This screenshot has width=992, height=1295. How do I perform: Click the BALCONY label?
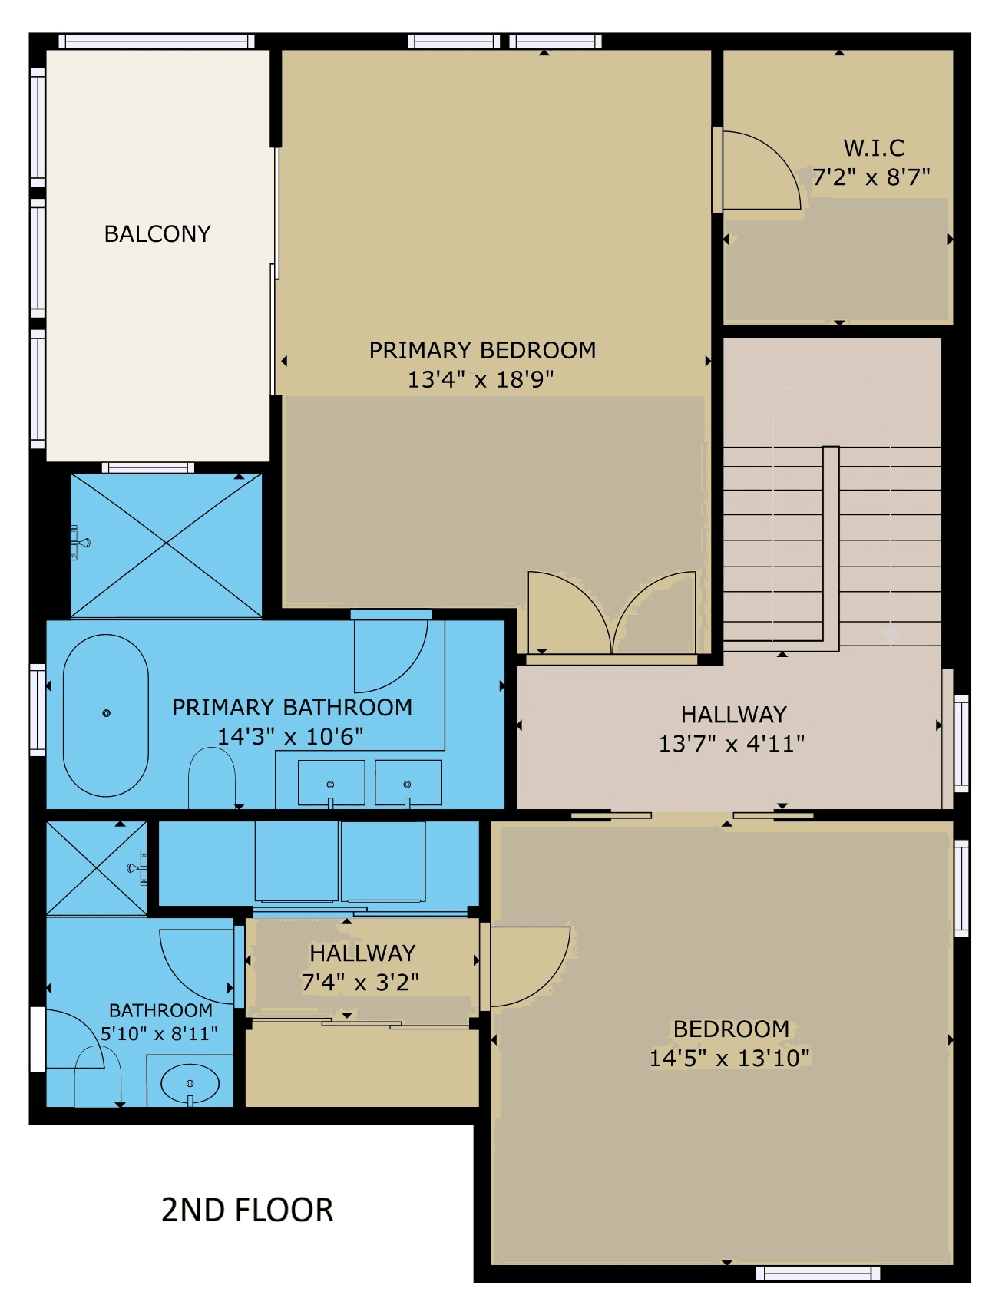[157, 233]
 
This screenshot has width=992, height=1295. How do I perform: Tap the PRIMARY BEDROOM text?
[482, 350]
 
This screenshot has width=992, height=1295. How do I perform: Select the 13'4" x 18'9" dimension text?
[481, 379]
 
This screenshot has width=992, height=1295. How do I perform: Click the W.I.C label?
[874, 147]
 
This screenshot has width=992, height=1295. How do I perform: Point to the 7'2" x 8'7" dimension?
[871, 177]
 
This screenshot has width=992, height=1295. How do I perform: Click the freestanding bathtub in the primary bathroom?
[106, 715]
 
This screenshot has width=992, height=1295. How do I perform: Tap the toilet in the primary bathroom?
[212, 777]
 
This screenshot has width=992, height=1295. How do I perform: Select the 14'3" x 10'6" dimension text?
[291, 736]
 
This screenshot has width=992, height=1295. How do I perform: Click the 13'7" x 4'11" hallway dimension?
[732, 743]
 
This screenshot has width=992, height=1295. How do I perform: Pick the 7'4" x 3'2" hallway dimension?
[360, 982]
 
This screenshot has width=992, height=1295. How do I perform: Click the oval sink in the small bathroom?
[190, 1083]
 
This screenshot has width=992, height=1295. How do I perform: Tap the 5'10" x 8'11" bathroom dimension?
[160, 1033]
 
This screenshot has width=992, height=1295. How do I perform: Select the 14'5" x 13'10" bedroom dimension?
[729, 1058]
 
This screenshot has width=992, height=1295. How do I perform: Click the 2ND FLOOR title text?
[247, 1210]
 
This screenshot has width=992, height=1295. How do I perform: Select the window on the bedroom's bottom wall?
[818, 1274]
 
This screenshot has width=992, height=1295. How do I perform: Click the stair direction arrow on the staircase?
[891, 636]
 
